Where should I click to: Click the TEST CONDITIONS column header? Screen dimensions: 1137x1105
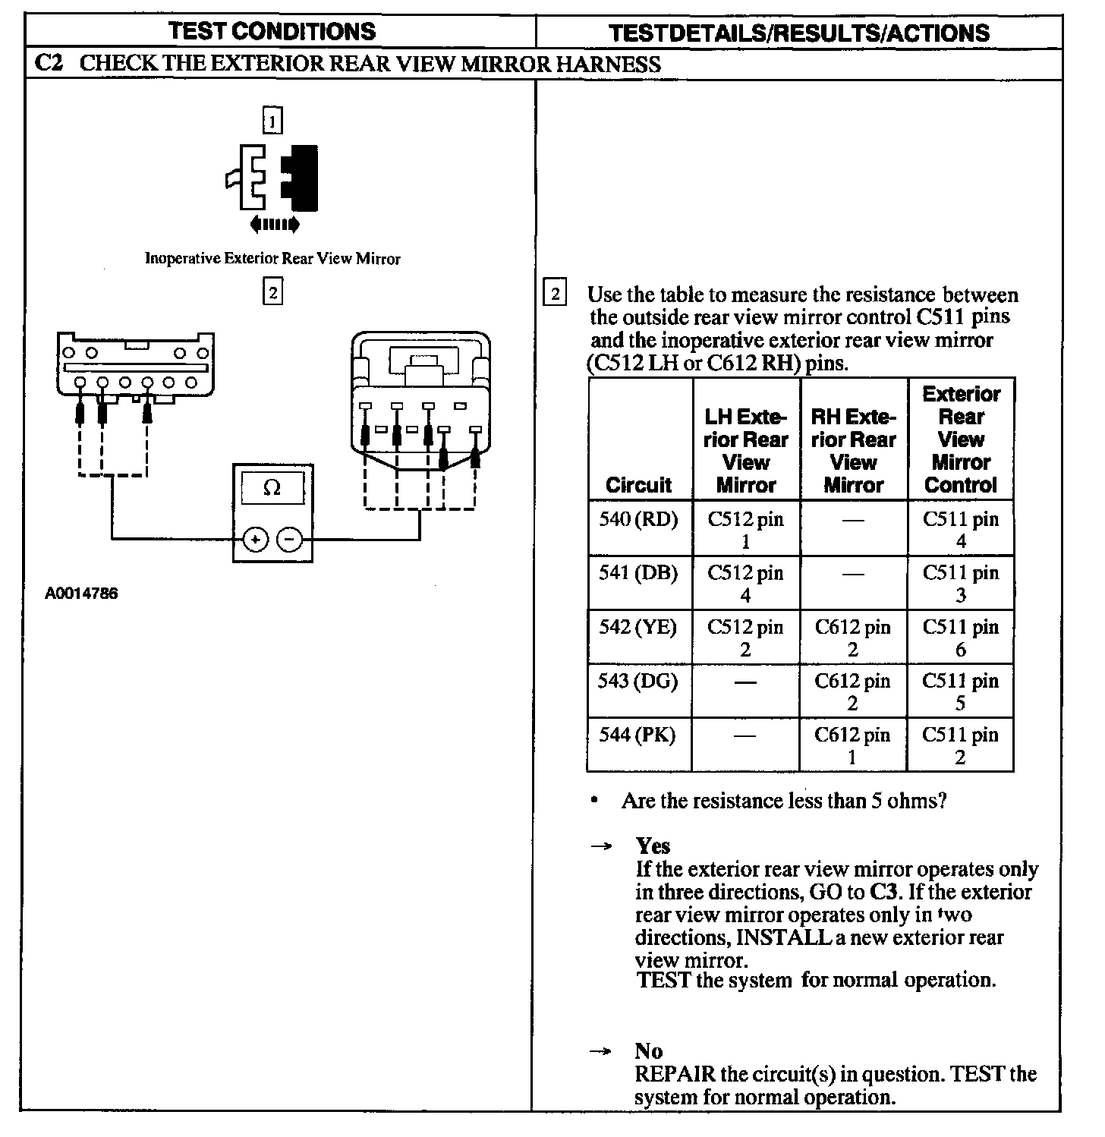click(272, 31)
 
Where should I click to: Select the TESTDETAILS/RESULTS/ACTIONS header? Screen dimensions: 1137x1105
click(799, 33)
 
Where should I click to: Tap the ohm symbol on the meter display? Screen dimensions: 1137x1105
click(272, 489)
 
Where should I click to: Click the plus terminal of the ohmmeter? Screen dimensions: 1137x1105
click(256, 540)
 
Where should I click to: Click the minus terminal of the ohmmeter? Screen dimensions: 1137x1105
click(289, 540)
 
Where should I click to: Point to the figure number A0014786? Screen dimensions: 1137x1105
click(81, 594)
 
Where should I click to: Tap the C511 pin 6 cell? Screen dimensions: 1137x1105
click(960, 638)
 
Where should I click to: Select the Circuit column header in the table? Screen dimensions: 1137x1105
click(639, 484)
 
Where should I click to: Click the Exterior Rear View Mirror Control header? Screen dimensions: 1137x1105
click(960, 439)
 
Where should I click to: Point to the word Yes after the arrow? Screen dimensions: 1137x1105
click(653, 846)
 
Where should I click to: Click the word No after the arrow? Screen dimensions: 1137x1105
click(649, 1051)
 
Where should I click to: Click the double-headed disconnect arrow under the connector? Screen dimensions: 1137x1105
click(275, 224)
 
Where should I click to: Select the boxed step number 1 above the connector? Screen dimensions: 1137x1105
click(272, 121)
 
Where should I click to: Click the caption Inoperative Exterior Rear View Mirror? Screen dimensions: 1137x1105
click(272, 259)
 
